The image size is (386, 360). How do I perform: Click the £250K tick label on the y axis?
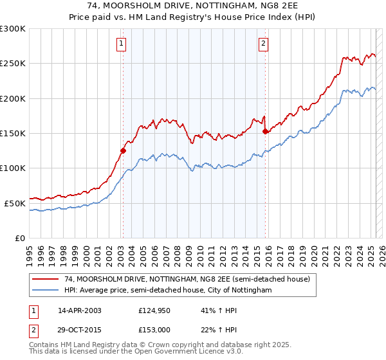pos(13,64)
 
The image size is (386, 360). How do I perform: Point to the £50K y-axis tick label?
pos(15,203)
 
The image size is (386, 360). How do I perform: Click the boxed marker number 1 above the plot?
pos(122,44)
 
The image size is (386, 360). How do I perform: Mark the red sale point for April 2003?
pos(123,151)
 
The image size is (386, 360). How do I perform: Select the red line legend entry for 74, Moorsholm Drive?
pos(187,280)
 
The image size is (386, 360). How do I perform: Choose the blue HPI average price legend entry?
pos(168,291)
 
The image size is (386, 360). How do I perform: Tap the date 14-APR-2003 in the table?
pos(80,310)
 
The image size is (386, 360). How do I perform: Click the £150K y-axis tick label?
pos(13,134)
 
